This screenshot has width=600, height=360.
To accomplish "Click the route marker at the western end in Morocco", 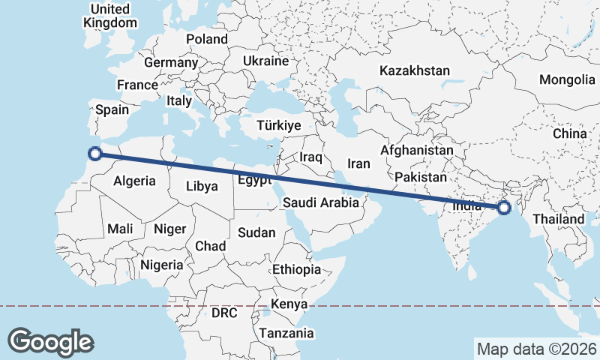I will tap(94, 154).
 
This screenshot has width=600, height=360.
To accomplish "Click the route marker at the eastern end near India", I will tap(504, 207).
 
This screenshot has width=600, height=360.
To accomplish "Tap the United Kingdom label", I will tap(109, 16).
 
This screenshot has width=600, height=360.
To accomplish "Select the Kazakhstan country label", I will tap(415, 71).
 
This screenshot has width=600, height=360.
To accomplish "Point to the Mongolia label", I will tap(566, 79).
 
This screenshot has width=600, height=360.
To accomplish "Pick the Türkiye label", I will tap(278, 125).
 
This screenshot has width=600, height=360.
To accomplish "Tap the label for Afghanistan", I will tap(417, 150).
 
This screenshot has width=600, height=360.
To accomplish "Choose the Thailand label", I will tap(558, 219).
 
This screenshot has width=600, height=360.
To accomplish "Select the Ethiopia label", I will tap(296, 269).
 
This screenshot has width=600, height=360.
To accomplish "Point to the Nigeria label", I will tap(162, 265).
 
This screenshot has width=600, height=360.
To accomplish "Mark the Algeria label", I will tap(135, 181).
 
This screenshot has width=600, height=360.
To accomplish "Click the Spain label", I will tap(112, 109).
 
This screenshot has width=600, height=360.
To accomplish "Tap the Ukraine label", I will tap(265, 61).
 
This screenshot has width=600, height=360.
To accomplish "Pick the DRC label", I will tap(223, 312).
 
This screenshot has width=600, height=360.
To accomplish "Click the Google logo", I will tap(50, 341).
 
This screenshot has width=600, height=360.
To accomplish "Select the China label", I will tap(570, 133).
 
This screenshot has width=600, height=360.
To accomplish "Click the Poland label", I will tap(207, 39).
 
